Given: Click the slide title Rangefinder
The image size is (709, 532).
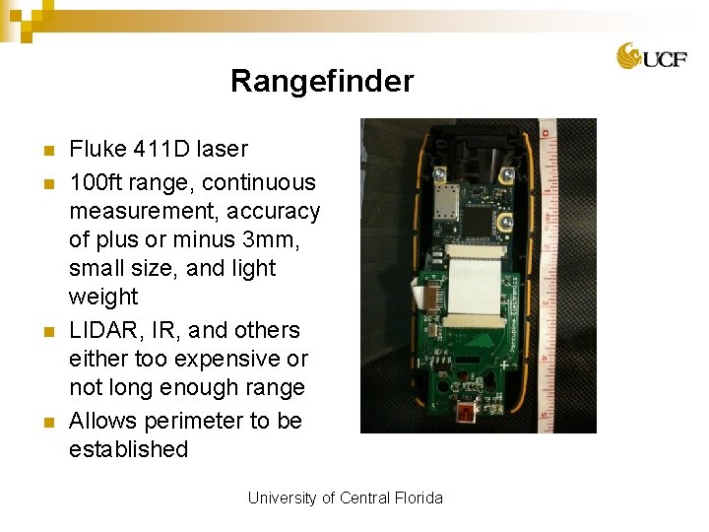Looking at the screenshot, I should (x=322, y=81).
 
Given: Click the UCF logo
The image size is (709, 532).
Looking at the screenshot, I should (x=652, y=56).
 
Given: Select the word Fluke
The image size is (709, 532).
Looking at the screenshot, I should (x=97, y=149).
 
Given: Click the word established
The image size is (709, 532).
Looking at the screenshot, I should (x=128, y=449).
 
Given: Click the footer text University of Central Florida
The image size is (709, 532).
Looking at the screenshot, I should (x=345, y=498).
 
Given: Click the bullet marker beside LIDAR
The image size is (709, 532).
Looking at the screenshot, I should (x=46, y=331).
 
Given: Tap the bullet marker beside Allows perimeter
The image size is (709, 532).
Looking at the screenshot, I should (x=46, y=422).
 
